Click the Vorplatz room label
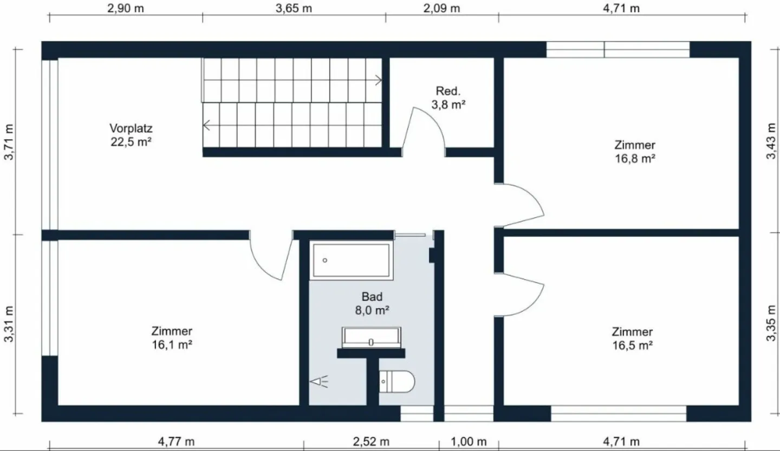(131, 128)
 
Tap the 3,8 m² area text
(448, 104)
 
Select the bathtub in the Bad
(351, 260)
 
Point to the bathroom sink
(371, 337)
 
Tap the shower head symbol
(319, 382)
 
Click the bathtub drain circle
(325, 260)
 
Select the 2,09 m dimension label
(441, 8)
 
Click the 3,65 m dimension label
(294, 8)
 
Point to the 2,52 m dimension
(371, 442)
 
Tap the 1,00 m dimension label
(469, 442)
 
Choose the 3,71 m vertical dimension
(9, 142)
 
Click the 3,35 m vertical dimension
(771, 323)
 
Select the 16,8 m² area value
(635, 159)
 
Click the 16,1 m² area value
(172, 344)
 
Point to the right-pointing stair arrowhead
(379, 80)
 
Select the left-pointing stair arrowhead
(206, 125)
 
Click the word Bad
(372, 297)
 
